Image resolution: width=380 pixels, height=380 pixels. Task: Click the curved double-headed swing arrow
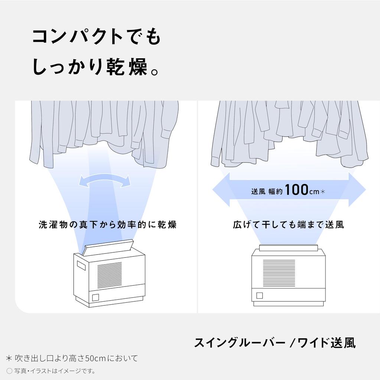point(105,180)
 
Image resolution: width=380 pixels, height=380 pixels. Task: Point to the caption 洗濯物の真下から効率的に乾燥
point(107,225)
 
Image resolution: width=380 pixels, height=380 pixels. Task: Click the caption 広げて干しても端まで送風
point(289,225)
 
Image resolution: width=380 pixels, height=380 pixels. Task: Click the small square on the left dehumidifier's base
point(95,297)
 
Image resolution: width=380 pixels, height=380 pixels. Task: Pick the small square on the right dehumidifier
point(259,295)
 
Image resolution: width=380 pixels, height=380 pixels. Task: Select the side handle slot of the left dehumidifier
point(81,265)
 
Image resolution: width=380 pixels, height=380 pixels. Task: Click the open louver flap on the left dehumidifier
point(108,246)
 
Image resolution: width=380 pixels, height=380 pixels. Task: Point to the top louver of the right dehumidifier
point(288,247)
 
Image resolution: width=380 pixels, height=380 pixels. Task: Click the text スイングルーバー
point(240,343)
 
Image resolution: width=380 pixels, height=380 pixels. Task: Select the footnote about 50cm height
point(72,358)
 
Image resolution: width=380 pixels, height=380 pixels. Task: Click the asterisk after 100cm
point(323,192)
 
